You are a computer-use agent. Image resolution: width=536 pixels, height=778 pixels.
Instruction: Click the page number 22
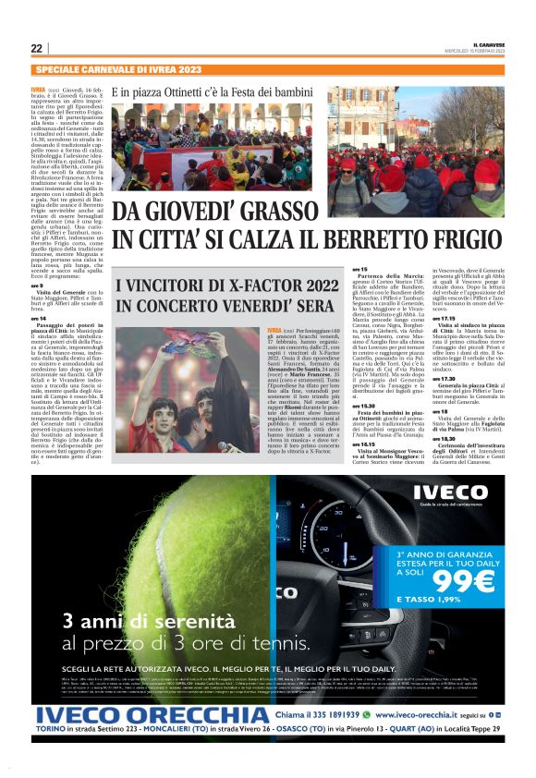tap(36, 48)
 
